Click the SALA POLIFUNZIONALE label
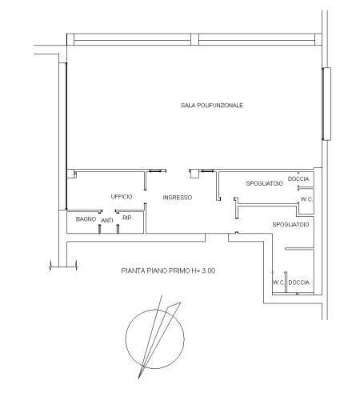point(212,106)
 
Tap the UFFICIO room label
point(122,197)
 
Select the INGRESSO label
point(178,198)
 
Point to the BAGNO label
point(86,219)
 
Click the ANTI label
point(107,220)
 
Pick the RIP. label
point(127,218)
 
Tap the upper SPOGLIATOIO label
point(264,183)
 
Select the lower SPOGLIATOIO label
point(290,225)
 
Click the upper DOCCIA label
point(298,178)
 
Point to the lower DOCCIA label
point(299,283)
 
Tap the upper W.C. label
point(306,199)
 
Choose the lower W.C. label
point(278,283)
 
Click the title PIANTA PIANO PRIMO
point(156,271)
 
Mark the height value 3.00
point(209,271)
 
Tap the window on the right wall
point(326,104)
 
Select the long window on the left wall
point(62,136)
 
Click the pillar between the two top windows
point(194,39)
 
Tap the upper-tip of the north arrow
point(162,295)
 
